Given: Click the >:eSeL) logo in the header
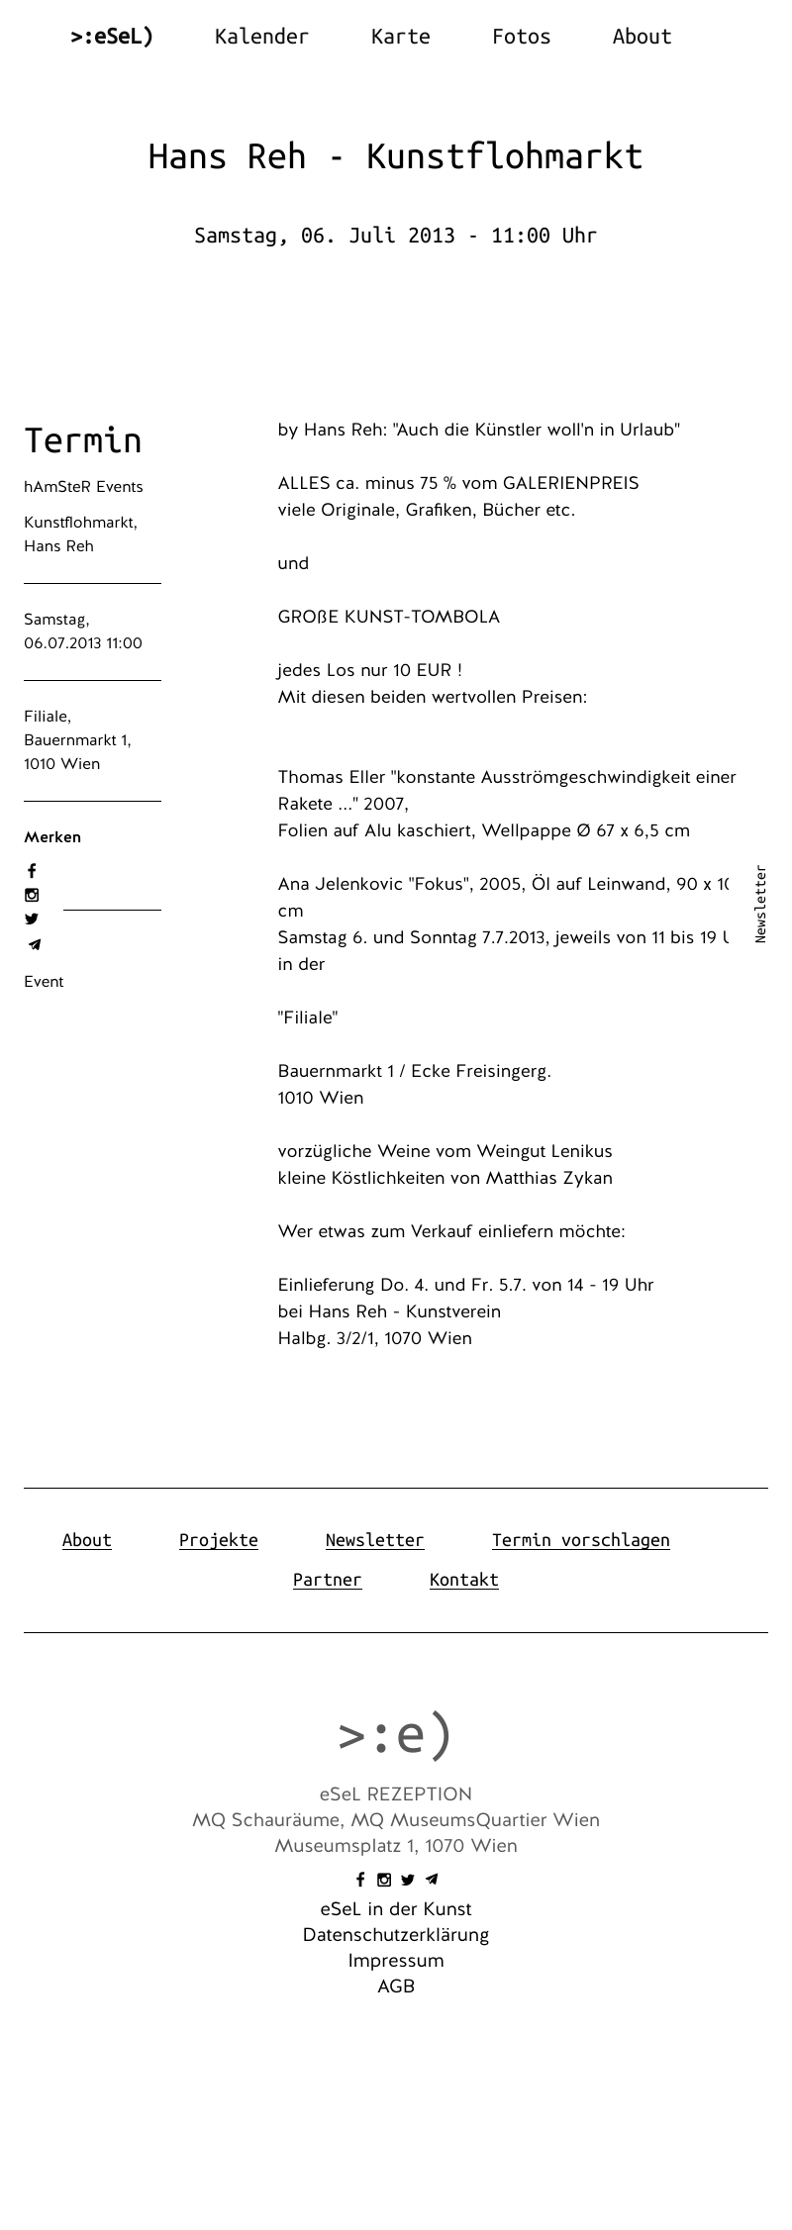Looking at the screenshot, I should pos(112,37).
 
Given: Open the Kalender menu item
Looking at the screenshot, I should pos(261,37).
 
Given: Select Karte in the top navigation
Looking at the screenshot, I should pos(400,37).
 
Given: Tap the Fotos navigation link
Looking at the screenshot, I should pos(521,37).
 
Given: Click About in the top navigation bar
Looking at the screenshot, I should pos(642,37).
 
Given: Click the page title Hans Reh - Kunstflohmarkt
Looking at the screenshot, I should pos(395,156).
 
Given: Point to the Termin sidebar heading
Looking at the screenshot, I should pos(83,440).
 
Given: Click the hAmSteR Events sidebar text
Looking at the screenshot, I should pos(83,487).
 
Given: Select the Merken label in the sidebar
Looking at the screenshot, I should pos(52,837).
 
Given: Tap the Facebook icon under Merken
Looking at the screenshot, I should pos(32,871).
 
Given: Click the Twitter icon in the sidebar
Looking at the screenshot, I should pos(32,920).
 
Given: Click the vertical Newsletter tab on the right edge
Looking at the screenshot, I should pos(760,904).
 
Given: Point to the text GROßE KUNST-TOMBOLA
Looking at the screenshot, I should pos(389,617).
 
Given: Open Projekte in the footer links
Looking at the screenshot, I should pos(218,1540).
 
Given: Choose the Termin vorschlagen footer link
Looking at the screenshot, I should pos(580,1540).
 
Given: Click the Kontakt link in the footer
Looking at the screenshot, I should pos(463,1580).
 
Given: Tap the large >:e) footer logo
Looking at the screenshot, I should pos(395,1734).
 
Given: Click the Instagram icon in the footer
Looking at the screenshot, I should pos(384,1880).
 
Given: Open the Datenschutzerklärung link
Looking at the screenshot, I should pos(395,1935).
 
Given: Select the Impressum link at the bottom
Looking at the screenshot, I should pos(395,1961).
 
